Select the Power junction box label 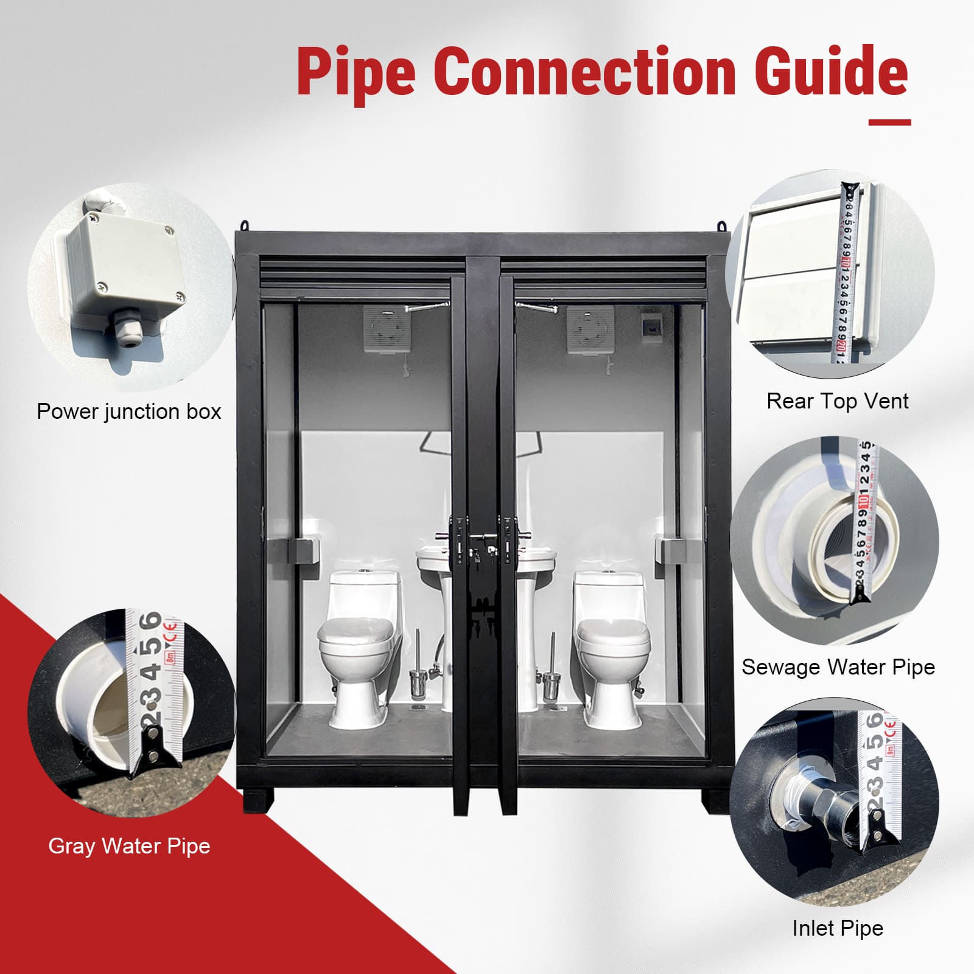129,412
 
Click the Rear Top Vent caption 837,401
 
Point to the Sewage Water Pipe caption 838,667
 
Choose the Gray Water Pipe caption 129,846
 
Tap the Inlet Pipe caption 837,928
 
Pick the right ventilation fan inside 590,329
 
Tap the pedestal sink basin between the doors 485,560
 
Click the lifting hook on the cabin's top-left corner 245,225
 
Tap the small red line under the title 889,122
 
